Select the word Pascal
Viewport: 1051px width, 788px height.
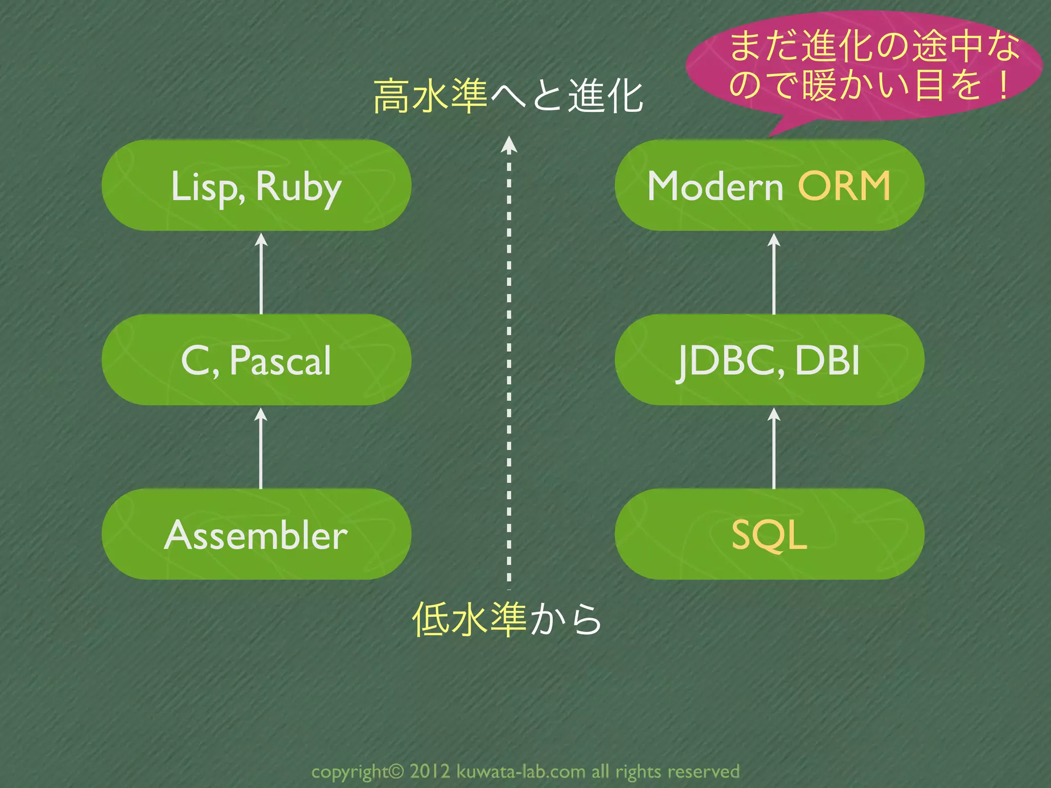click(280, 361)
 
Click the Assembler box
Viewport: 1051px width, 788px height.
click(256, 535)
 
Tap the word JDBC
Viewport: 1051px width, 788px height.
click(729, 361)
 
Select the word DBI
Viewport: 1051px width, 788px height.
click(827, 360)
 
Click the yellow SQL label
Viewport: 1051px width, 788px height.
click(768, 535)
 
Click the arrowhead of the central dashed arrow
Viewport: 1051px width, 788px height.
click(509, 145)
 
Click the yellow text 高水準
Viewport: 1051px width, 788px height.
click(430, 96)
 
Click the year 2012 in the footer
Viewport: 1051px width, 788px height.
click(430, 771)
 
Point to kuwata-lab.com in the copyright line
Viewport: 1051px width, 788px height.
click(520, 771)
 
